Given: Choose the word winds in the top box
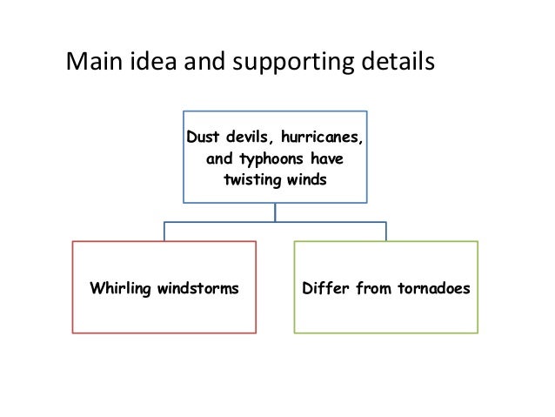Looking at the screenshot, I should [x=307, y=181].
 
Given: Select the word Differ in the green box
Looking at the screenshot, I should [x=324, y=287].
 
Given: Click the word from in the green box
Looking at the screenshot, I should [x=368, y=287].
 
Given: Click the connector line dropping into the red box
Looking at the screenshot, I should [x=164, y=231].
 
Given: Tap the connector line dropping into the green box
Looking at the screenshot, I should [x=386, y=231].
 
